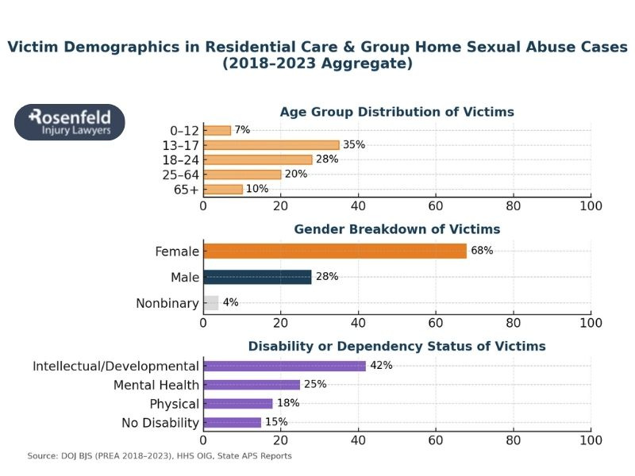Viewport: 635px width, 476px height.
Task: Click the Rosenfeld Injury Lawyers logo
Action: pos(70,122)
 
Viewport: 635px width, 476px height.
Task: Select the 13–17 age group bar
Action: pos(271,145)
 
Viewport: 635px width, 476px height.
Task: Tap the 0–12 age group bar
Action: pos(217,130)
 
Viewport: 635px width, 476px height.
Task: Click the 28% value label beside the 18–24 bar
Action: pos(327,159)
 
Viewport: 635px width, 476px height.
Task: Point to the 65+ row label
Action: pos(184,189)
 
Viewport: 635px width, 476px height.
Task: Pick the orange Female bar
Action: pos(334,251)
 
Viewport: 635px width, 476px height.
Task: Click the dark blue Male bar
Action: pos(257,277)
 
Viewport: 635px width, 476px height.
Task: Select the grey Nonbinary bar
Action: pos(210,302)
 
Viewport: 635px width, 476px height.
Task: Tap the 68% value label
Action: pos(482,251)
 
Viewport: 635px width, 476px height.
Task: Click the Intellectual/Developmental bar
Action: pos(284,366)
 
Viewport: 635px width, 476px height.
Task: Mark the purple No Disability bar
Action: pos(232,422)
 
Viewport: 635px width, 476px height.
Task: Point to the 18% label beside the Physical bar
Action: pos(288,403)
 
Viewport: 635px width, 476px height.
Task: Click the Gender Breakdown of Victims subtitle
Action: pos(397,229)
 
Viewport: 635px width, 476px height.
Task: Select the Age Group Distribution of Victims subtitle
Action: pos(397,112)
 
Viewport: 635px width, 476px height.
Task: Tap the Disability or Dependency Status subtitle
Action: pos(397,346)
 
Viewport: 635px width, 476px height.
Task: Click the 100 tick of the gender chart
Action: pos(591,323)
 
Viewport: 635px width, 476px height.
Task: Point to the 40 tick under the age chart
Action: pos(358,206)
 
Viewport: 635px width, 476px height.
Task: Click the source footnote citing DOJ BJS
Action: pos(160,456)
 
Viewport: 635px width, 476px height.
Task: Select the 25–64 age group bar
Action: pos(242,175)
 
